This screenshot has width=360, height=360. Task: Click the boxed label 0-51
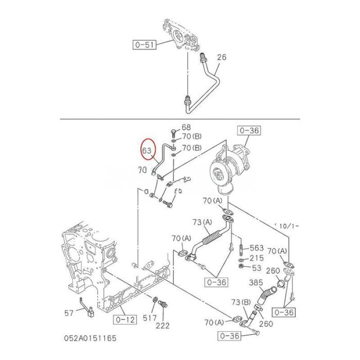coord(145,45)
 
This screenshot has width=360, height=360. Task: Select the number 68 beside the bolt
coord(186,127)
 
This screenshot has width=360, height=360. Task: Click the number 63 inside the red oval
coord(147,151)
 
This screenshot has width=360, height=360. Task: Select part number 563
coord(257,247)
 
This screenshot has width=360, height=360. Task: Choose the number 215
coord(257,258)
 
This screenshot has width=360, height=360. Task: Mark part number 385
coord(256,282)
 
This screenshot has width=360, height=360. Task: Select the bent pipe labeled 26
coord(208,82)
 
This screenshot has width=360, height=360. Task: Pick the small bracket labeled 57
coord(85,306)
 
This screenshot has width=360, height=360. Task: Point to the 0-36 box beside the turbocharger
coord(249,131)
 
